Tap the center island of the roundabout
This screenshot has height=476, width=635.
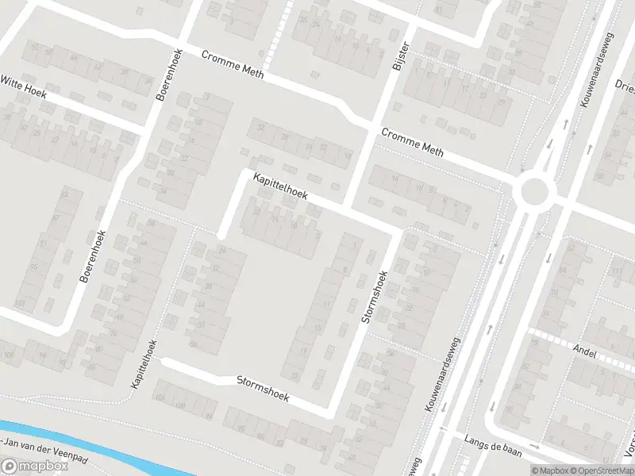click(534, 190)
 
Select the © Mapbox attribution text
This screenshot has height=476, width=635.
click(547, 470)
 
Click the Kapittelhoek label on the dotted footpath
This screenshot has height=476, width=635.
click(144, 363)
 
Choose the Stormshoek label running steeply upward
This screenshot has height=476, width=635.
click(373, 297)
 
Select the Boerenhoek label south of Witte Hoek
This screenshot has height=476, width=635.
click(93, 257)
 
